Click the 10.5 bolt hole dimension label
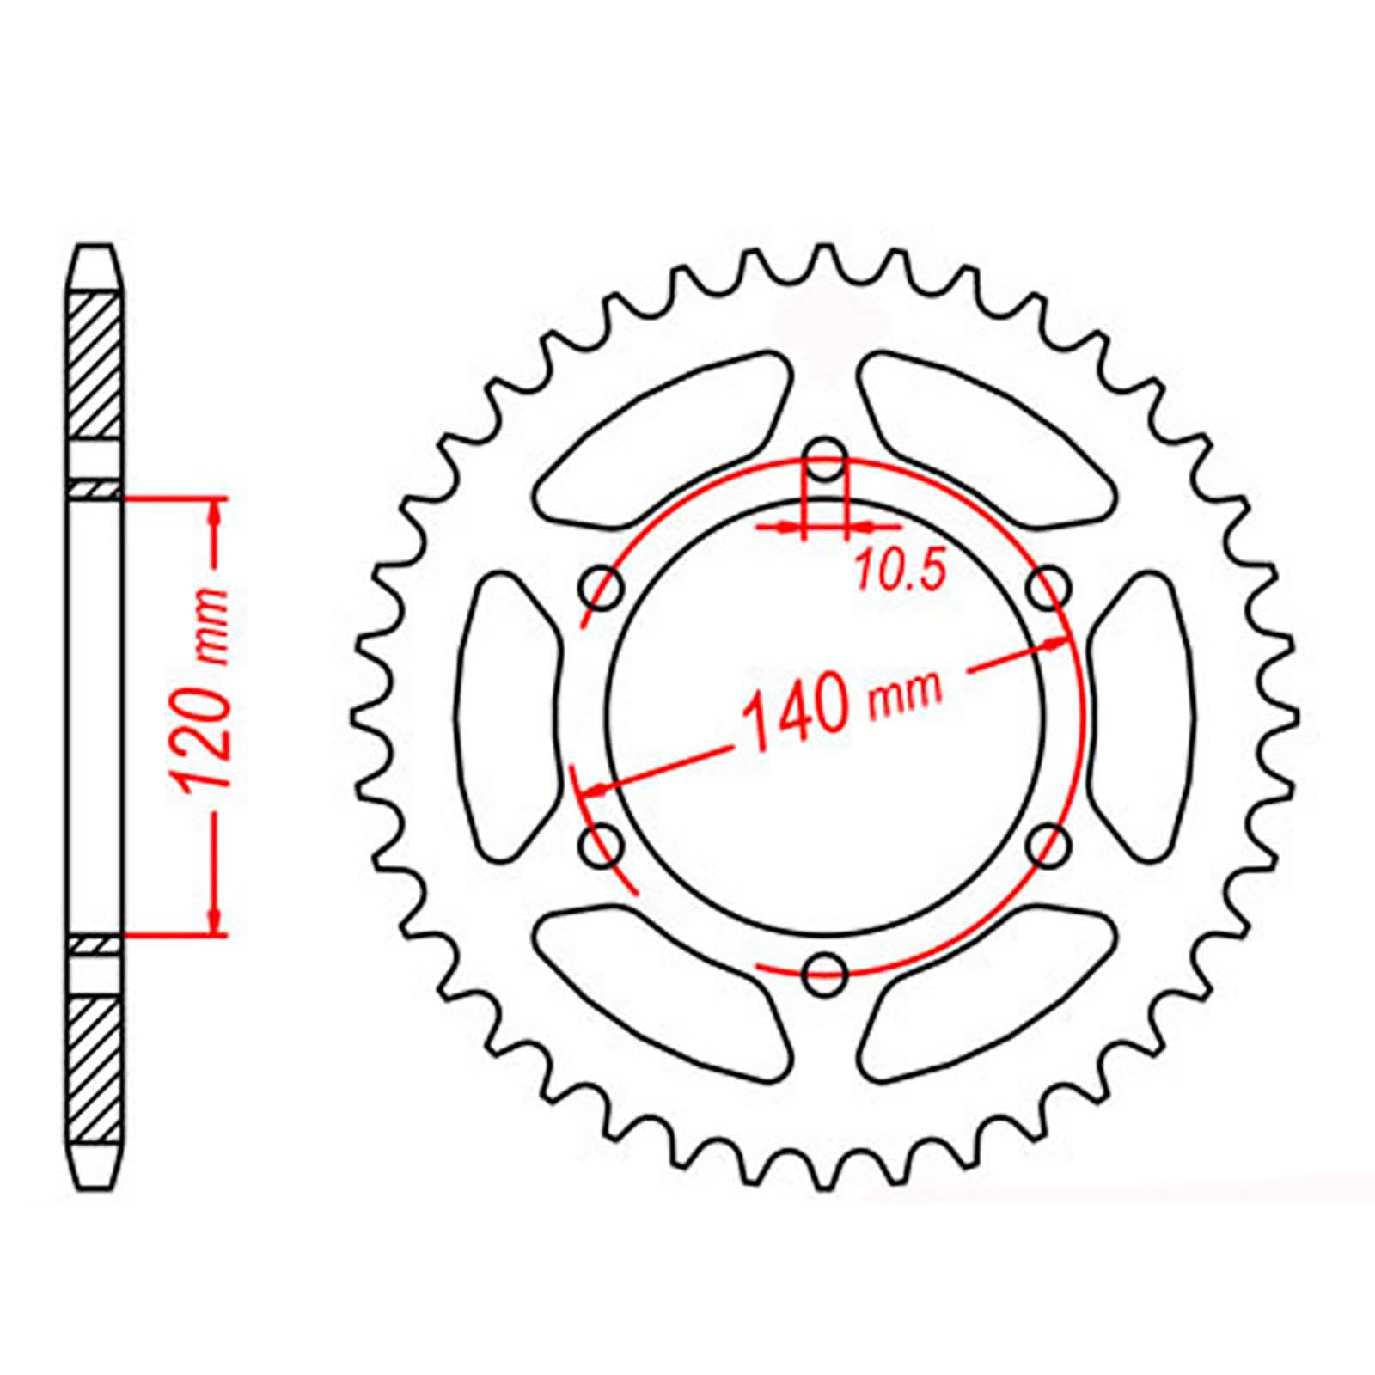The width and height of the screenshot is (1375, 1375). tap(901, 571)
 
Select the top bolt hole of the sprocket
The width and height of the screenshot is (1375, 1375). tap(825, 460)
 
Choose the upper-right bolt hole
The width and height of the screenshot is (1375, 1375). tap(1048, 589)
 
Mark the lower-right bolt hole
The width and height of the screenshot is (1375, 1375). tap(1048, 846)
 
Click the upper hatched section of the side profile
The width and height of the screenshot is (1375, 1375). tap(94, 365)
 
